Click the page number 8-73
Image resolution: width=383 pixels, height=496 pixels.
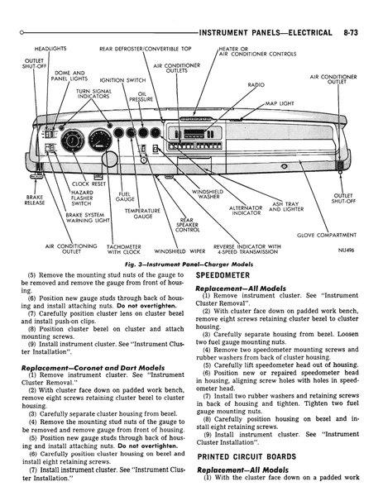pyautogui.click(x=351, y=32)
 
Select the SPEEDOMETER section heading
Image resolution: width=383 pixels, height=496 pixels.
pyautogui.click(x=223, y=275)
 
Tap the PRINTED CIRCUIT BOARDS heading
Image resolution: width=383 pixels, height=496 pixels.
pyautogui.click(x=247, y=456)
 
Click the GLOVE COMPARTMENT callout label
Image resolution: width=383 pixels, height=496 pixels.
pyautogui.click(x=327, y=235)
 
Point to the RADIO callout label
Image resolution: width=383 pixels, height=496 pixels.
pyautogui.click(x=256, y=85)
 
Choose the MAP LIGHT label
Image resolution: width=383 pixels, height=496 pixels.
pyautogui.click(x=280, y=103)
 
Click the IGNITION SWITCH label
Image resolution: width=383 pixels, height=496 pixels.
pyautogui.click(x=122, y=80)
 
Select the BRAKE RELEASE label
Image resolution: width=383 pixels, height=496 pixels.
pyautogui.click(x=35, y=200)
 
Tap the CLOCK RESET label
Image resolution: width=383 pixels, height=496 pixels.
pyautogui.click(x=89, y=184)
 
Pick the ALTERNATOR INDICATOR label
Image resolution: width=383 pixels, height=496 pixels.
pyautogui.click(x=246, y=210)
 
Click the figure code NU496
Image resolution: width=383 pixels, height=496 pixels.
pyautogui.click(x=346, y=250)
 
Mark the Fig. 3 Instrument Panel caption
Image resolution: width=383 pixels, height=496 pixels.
pyautogui.click(x=189, y=265)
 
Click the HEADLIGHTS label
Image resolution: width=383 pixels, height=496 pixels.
pyautogui.click(x=50, y=49)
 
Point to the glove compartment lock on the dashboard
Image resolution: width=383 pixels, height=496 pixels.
pyautogui.click(x=284, y=166)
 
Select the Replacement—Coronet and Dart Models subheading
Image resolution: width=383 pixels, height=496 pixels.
pyautogui.click(x=93, y=368)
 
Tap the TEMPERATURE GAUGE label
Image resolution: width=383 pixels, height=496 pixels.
pyautogui.click(x=142, y=213)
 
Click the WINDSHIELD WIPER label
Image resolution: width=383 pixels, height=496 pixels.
pyautogui.click(x=180, y=251)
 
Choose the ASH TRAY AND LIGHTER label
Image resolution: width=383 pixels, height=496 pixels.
pyautogui.click(x=286, y=207)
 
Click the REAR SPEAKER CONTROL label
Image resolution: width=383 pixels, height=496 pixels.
pyautogui.click(x=188, y=225)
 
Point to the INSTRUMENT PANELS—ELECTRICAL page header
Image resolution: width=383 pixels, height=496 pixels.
pyautogui.click(x=266, y=32)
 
